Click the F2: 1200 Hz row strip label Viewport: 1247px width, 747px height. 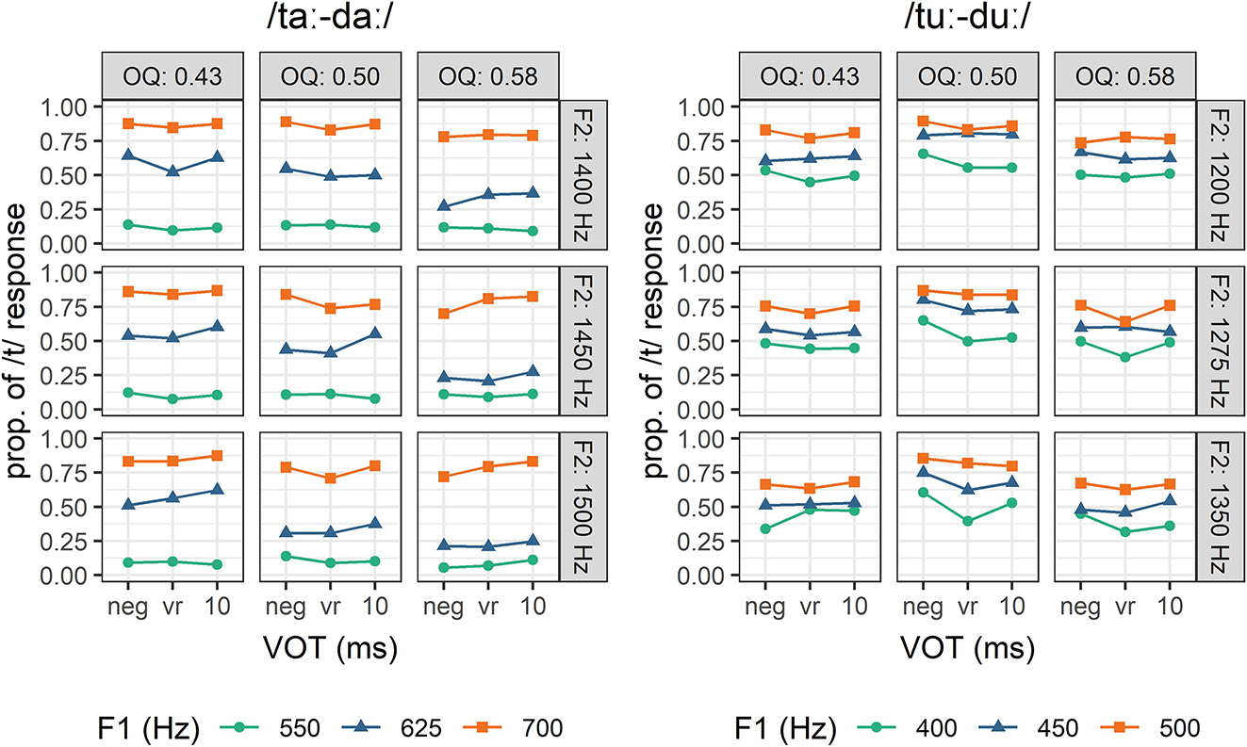pyautogui.click(x=1214, y=174)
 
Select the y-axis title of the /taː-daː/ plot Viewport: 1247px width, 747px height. pyautogui.click(x=19, y=339)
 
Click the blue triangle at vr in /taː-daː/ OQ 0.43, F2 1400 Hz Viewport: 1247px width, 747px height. pyautogui.click(x=172, y=171)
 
